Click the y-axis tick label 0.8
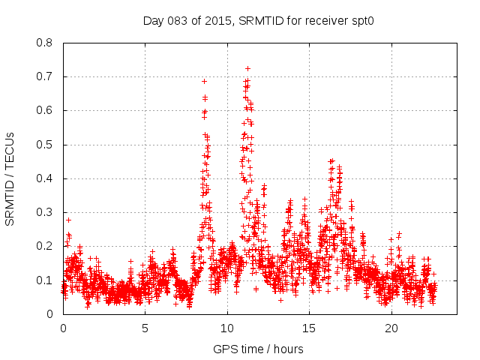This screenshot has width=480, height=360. pyautogui.click(x=46, y=43)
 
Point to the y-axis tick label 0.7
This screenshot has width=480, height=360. pyautogui.click(x=46, y=76)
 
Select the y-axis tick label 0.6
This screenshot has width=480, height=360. pyautogui.click(x=46, y=110)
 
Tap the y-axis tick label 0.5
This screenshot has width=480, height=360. pyautogui.click(x=46, y=145)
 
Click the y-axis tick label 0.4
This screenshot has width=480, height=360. pyautogui.click(x=46, y=178)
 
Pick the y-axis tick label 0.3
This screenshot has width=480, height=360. pyautogui.click(x=46, y=212)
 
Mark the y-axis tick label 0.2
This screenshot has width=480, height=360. pyautogui.click(x=46, y=246)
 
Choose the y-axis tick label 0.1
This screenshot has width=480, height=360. pyautogui.click(x=46, y=280)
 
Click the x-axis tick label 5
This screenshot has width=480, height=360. pyautogui.click(x=145, y=328)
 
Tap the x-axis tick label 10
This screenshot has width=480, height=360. pyautogui.click(x=227, y=328)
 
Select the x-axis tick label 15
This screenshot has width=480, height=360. pyautogui.click(x=310, y=328)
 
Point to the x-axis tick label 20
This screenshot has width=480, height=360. pyautogui.click(x=391, y=328)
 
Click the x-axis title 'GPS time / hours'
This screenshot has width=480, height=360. pyautogui.click(x=259, y=349)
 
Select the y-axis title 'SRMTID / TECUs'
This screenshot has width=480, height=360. pyautogui.click(x=10, y=178)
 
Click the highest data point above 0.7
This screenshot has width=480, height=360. pyautogui.click(x=247, y=68)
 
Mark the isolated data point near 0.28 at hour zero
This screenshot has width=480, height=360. pyautogui.click(x=69, y=220)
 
